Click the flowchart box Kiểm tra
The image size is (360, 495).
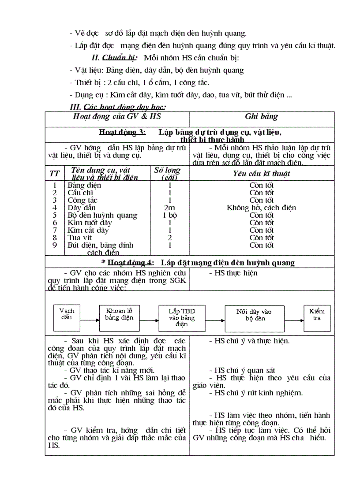317,317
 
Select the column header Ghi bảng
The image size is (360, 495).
261,117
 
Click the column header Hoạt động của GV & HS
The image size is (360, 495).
117,116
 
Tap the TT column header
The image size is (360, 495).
54,174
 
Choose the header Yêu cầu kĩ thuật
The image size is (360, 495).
261,174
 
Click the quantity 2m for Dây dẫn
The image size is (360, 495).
169,208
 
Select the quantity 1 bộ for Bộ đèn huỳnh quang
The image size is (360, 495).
169,215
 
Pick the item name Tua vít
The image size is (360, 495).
79,238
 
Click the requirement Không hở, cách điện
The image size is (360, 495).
261,208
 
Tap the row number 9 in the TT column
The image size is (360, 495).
55,245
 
